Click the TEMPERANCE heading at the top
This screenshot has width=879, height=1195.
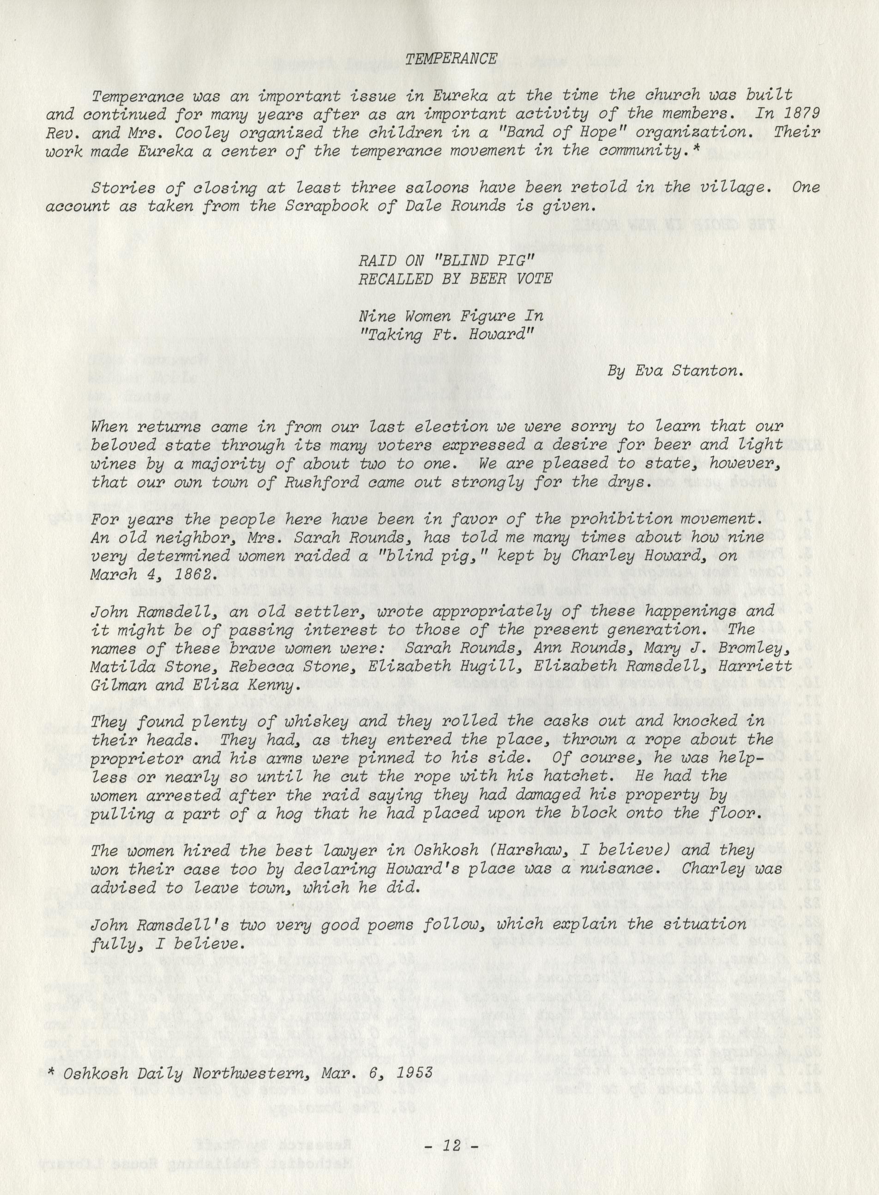click(x=451, y=59)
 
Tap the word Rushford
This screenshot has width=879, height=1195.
click(x=283, y=483)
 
